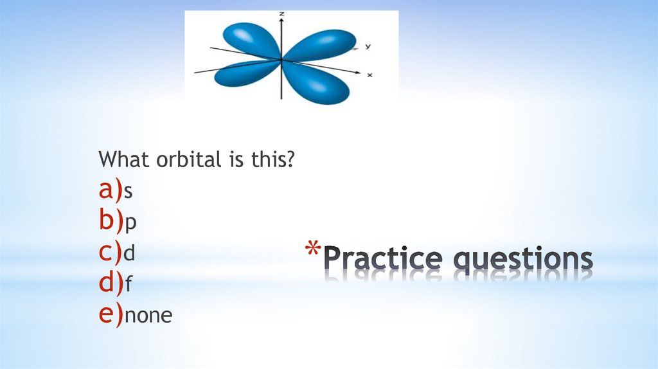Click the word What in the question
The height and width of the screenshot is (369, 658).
tap(125, 159)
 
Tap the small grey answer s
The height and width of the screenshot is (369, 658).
tap(128, 191)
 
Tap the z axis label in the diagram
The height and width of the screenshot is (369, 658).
tap(281, 14)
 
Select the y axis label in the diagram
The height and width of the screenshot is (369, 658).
tap(367, 46)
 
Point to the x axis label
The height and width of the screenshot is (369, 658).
tap(369, 75)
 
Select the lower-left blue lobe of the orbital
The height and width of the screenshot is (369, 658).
tap(240, 73)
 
